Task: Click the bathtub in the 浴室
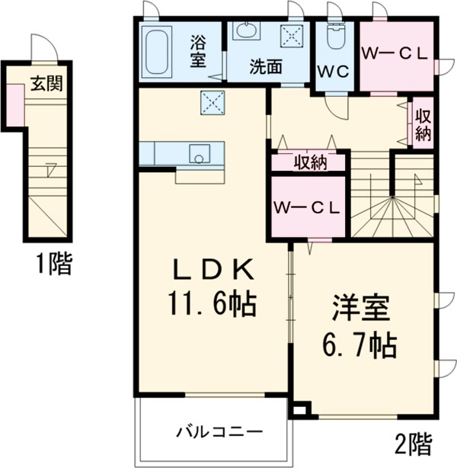coord(158,51)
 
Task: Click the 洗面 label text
coord(265,66)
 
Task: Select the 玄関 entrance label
coord(46,83)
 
